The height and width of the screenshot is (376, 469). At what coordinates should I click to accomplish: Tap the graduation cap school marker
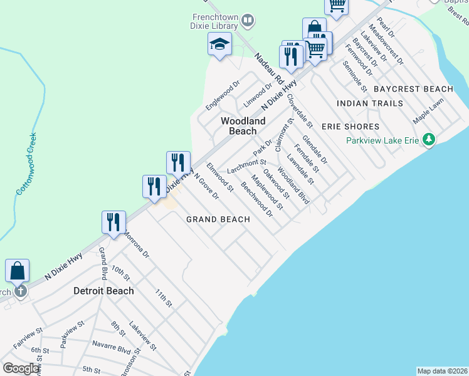pyautogui.click(x=219, y=45)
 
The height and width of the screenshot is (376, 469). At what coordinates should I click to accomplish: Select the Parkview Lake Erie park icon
pyautogui.click(x=428, y=139)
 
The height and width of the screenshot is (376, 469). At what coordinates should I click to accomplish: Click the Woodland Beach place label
pyautogui.click(x=242, y=126)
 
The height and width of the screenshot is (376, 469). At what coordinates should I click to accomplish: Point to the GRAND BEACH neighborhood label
pyautogui.click(x=218, y=219)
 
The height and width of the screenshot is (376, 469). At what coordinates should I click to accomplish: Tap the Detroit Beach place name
pyautogui.click(x=103, y=291)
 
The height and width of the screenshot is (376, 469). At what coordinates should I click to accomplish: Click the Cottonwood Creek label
pyautogui.click(x=26, y=163)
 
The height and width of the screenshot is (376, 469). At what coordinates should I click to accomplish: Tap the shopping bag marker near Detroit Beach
pyautogui.click(x=18, y=271)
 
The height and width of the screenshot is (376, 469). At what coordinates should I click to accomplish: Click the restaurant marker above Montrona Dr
pyautogui.click(x=114, y=223)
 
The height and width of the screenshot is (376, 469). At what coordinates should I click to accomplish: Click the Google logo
pyautogui.click(x=21, y=368)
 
